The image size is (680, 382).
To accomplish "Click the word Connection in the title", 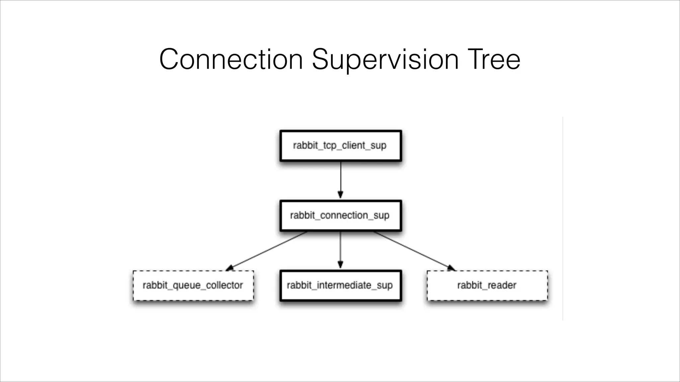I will (231, 59).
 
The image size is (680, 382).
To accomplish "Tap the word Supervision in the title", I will (385, 59).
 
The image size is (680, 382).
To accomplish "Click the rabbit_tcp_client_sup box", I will (341, 146).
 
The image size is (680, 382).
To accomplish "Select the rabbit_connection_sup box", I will (341, 216).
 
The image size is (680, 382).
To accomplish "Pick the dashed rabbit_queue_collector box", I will (193, 286).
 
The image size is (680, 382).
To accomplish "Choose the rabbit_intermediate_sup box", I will (341, 286).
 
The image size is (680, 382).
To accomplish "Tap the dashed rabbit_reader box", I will (487, 286).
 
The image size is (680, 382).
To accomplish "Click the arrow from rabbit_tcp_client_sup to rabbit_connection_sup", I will (341, 179).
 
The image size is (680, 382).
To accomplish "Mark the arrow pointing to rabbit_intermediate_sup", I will (340, 249).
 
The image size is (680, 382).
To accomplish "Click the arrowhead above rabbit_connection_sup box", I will (340, 195).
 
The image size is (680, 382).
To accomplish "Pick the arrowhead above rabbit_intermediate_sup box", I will (340, 264).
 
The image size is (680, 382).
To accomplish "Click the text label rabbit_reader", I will (487, 285).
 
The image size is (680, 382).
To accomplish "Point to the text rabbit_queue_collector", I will (193, 285).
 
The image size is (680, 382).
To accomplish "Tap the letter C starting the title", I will (170, 59).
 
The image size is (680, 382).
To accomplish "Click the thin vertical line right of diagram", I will (563, 219).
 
